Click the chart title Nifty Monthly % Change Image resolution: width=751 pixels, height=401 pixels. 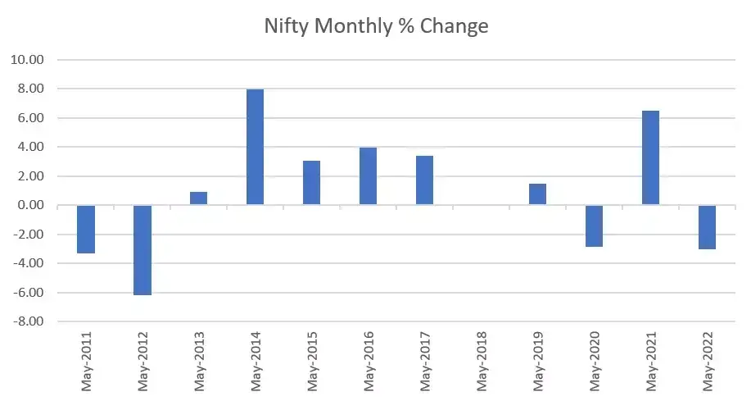[x=376, y=26]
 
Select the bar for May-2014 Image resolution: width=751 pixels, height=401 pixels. [x=255, y=147]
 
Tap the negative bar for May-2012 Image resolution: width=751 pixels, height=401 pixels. [x=143, y=249]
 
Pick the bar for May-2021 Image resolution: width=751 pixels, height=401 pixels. [x=650, y=157]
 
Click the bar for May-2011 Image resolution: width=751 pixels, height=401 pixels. [x=86, y=229]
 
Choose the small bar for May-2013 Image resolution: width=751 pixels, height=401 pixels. [x=198, y=198]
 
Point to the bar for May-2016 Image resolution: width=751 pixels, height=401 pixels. [x=368, y=176]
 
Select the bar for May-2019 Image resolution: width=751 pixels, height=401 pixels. [x=537, y=194]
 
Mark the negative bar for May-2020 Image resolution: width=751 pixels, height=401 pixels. [x=594, y=226]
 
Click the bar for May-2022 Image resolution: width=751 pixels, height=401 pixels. [x=707, y=227]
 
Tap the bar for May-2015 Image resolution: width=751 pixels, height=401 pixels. [x=311, y=183]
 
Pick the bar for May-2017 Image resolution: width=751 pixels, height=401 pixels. [x=424, y=180]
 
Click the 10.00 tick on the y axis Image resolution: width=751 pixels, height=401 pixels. [x=27, y=60]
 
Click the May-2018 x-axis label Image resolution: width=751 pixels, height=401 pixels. [x=482, y=361]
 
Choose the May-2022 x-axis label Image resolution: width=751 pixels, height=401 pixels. [x=708, y=361]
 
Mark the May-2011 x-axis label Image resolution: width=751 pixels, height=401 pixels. [x=87, y=361]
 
